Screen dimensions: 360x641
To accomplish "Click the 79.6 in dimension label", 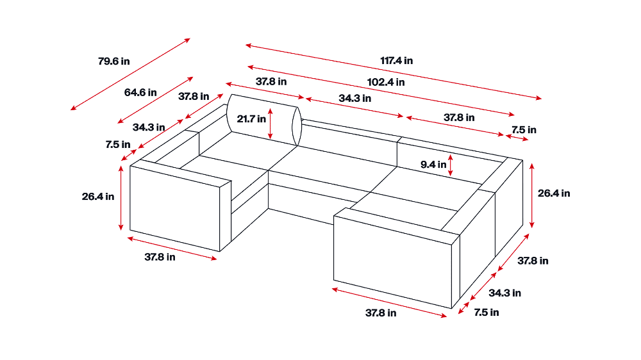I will (x=113, y=61).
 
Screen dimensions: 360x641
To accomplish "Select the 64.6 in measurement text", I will (x=140, y=92).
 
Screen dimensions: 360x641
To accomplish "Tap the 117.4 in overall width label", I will (x=396, y=61).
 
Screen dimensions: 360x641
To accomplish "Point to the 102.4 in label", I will (x=386, y=82).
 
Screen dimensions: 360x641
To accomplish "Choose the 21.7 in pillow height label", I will (x=251, y=119).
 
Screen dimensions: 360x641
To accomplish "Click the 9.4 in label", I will (x=433, y=164).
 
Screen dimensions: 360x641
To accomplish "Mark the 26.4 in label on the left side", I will (x=98, y=197).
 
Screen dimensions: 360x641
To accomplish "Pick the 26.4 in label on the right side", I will (x=553, y=193).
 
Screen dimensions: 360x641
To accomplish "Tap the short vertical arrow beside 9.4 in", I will (x=451, y=165).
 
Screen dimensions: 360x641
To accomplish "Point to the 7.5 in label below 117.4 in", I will (x=524, y=130).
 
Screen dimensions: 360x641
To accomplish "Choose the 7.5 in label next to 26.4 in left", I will (x=118, y=145).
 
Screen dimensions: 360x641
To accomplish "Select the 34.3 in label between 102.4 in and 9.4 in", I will (x=355, y=99).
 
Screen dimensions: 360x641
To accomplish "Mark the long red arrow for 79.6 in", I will (x=130, y=74).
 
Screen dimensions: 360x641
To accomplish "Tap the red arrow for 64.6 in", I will (x=156, y=100).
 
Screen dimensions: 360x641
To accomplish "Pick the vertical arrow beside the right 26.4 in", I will (x=532, y=193).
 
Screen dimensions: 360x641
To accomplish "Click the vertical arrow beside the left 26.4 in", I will (x=121, y=198).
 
